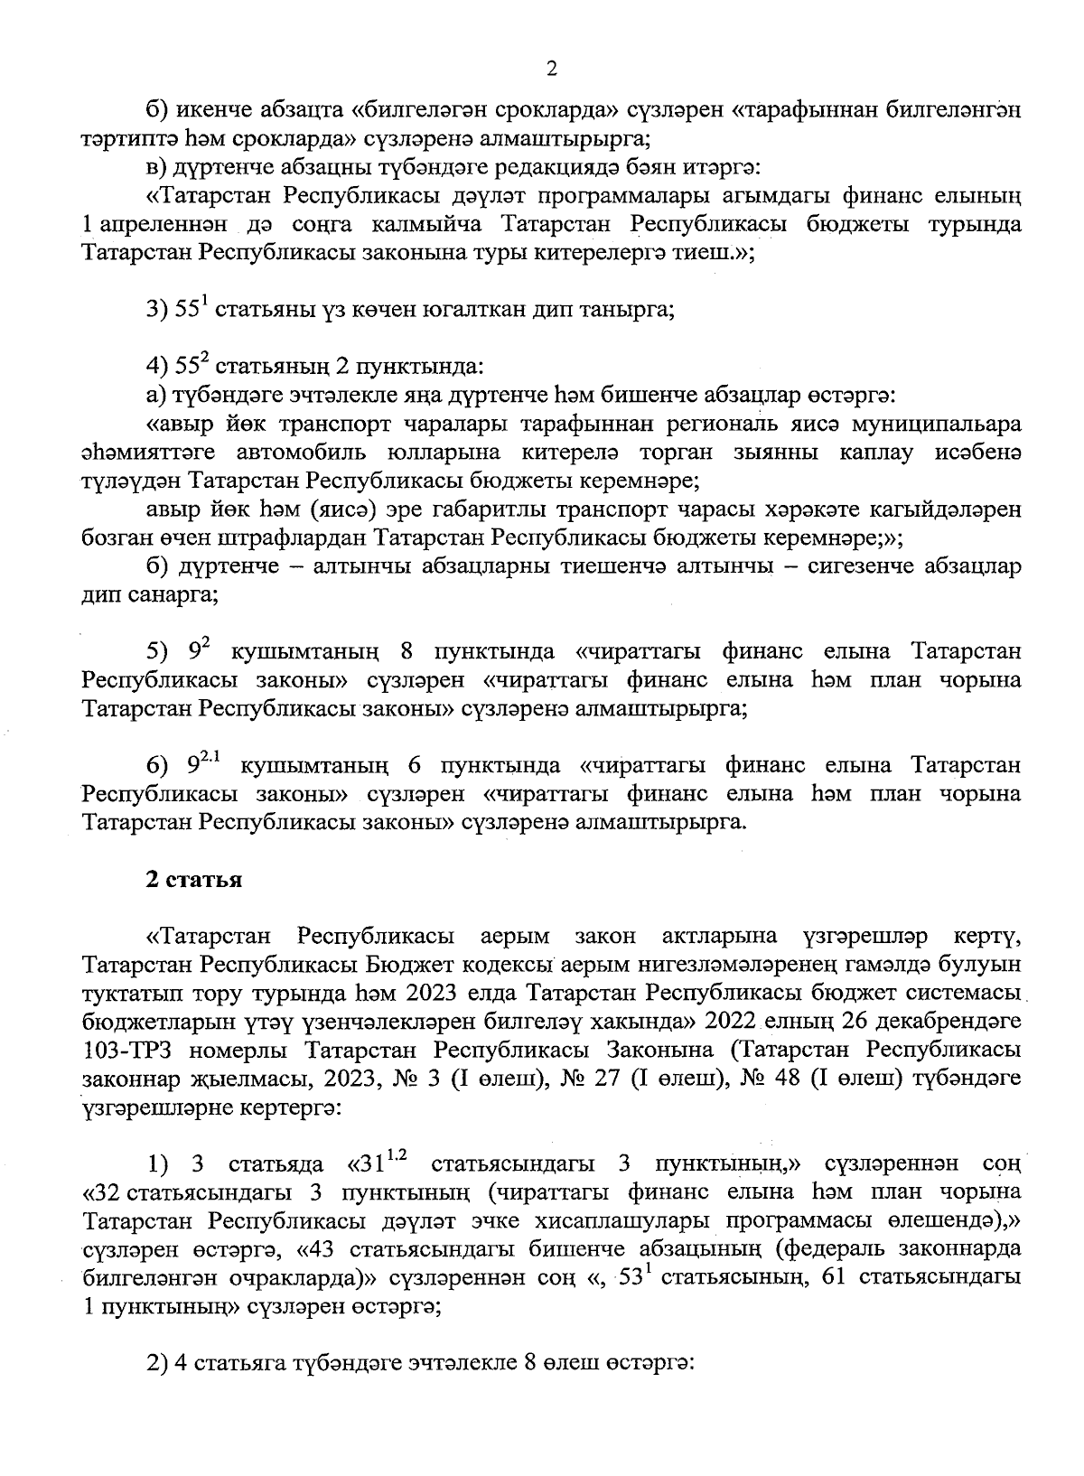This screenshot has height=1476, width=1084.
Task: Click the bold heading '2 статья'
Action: (x=193, y=880)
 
